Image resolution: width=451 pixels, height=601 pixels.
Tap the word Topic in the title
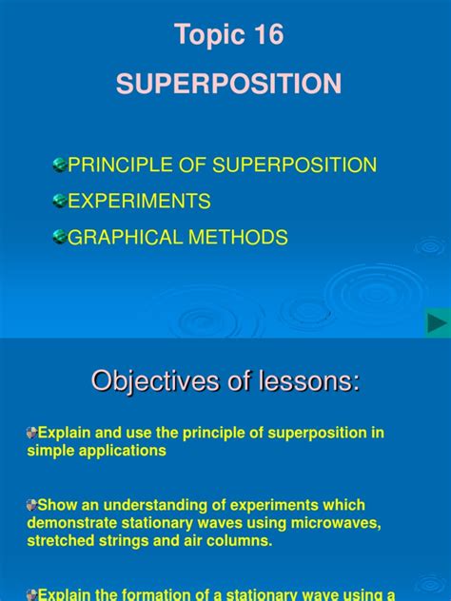[x=203, y=36]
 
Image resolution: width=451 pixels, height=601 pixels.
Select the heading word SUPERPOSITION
[x=228, y=85]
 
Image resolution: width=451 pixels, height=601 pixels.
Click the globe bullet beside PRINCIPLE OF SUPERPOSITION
[x=59, y=165]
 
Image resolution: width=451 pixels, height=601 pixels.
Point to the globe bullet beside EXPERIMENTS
[x=59, y=202]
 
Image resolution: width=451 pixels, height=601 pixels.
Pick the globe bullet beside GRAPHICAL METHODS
[x=59, y=238]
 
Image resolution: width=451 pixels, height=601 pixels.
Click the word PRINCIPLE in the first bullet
[x=110, y=165]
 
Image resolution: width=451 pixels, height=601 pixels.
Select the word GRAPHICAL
[x=119, y=238]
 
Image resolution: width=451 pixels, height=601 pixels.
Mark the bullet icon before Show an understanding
[x=31, y=505]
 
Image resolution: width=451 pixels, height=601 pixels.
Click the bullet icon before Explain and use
[x=31, y=434]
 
